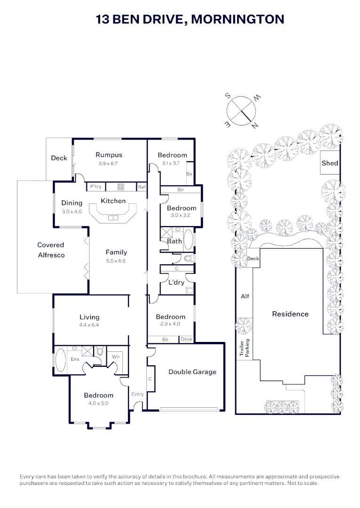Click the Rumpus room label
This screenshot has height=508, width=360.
pos(109,155)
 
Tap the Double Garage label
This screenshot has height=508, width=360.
pos(192,372)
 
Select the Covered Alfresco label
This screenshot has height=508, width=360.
pos(51,250)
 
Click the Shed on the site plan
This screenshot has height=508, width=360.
pos(330,163)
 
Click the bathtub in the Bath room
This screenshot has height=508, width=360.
pos(188,240)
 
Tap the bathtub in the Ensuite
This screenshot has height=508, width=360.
pos(61,360)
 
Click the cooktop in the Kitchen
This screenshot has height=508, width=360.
pos(120,187)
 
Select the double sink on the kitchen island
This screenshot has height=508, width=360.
pos(113,218)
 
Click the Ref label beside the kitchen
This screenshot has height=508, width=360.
pos(142,187)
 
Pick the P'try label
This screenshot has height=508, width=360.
pos(96,187)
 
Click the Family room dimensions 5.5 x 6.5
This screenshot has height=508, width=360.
pos(116,261)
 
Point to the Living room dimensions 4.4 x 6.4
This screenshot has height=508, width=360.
pos(89,325)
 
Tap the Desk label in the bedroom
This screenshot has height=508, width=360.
pos(186,339)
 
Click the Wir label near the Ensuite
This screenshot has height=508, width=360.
pos(116,357)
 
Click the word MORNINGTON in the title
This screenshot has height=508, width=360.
pos(238,19)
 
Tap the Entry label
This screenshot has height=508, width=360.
pos(137,394)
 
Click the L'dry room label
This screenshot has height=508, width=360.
pos(176,282)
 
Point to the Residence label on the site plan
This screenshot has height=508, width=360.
pos(290,314)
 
